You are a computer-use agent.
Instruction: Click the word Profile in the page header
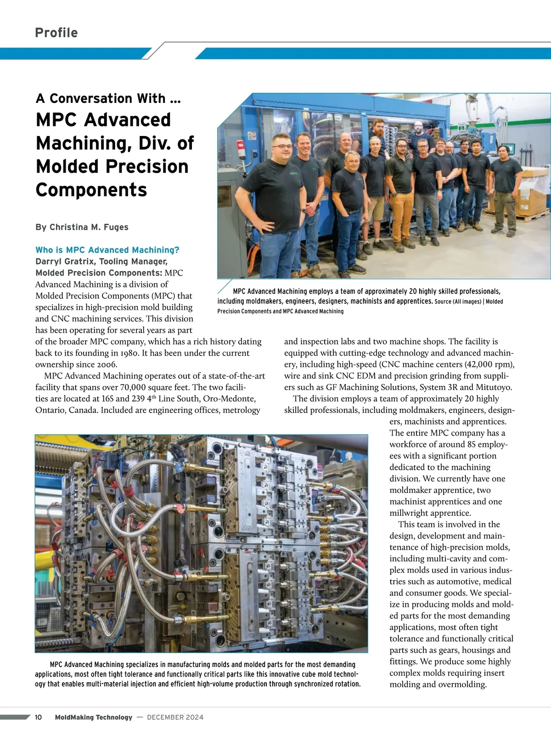[56, 33]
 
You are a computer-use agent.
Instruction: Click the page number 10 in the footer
[39, 717]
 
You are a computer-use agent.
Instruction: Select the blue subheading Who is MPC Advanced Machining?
[107, 250]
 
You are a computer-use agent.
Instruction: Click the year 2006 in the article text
[106, 364]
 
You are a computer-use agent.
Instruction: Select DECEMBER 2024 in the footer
[175, 717]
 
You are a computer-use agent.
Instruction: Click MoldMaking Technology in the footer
[93, 717]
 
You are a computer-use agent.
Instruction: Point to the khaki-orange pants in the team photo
[402, 216]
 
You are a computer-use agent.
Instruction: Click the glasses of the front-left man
[281, 147]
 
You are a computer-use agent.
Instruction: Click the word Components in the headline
[91, 190]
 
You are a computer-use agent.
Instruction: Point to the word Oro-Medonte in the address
[229, 398]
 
